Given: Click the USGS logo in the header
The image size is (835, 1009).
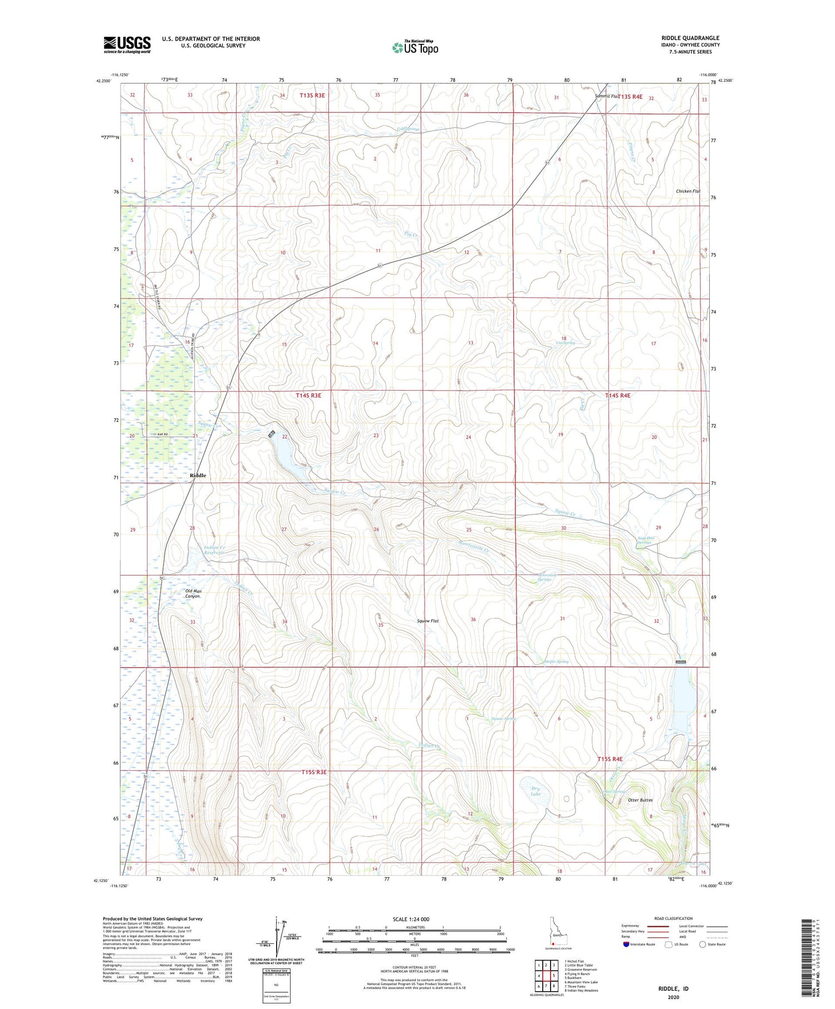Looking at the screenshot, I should point(127,45).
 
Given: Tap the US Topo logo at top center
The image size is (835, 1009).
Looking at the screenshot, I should point(415,47).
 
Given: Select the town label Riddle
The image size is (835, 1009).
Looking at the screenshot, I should point(198,475).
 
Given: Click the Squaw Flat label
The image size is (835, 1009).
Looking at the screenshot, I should point(428,621).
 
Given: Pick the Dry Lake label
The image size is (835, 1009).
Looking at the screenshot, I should point(535,791).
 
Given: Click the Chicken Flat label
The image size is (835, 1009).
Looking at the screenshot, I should point(688,191).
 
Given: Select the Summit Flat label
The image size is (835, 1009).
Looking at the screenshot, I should point(606,96).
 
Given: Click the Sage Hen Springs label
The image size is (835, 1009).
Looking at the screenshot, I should point(648,540).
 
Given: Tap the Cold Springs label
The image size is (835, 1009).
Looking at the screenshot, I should point(408,129).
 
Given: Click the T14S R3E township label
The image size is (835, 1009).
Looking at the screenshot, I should point(308,395).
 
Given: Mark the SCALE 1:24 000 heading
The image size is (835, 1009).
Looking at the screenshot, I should point(411,919).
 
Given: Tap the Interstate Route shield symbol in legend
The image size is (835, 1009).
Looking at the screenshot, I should point(626,944).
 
